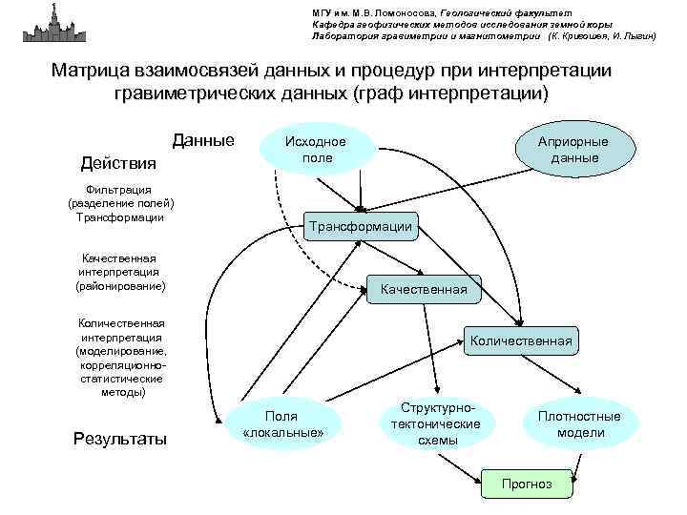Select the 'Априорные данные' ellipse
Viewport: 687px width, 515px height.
click(573, 149)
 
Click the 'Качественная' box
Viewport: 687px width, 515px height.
click(424, 288)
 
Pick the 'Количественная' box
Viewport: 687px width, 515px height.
click(521, 340)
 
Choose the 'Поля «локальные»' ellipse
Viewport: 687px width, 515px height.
click(282, 423)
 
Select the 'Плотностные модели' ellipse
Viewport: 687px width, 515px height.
click(578, 423)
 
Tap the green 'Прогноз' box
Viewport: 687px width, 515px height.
click(527, 484)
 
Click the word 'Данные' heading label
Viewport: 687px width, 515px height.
click(203, 141)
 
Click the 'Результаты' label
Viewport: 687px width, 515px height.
click(119, 439)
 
